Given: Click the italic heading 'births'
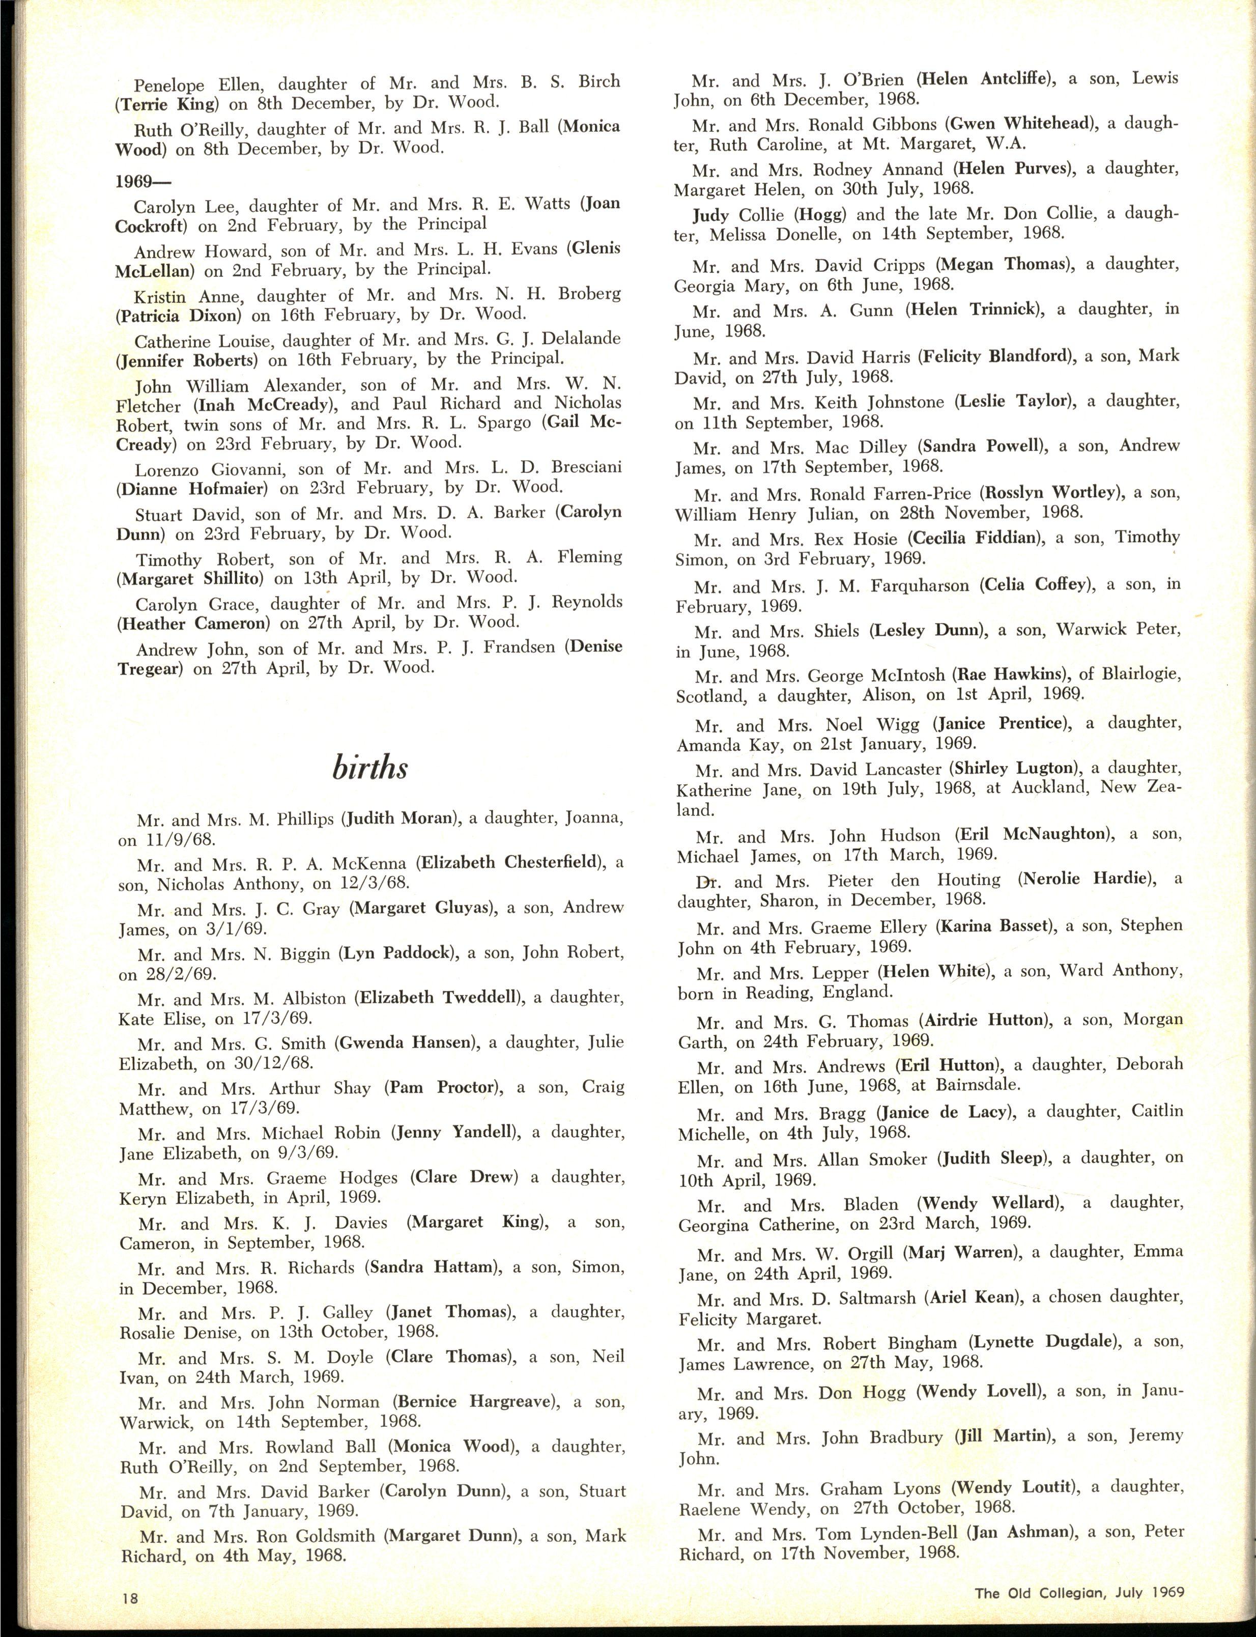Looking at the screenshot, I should [x=370, y=768].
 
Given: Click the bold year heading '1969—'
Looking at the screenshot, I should [x=143, y=181].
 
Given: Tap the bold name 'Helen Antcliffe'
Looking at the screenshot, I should [x=984, y=79].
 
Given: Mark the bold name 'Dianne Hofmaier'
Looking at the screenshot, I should [x=191, y=490].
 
